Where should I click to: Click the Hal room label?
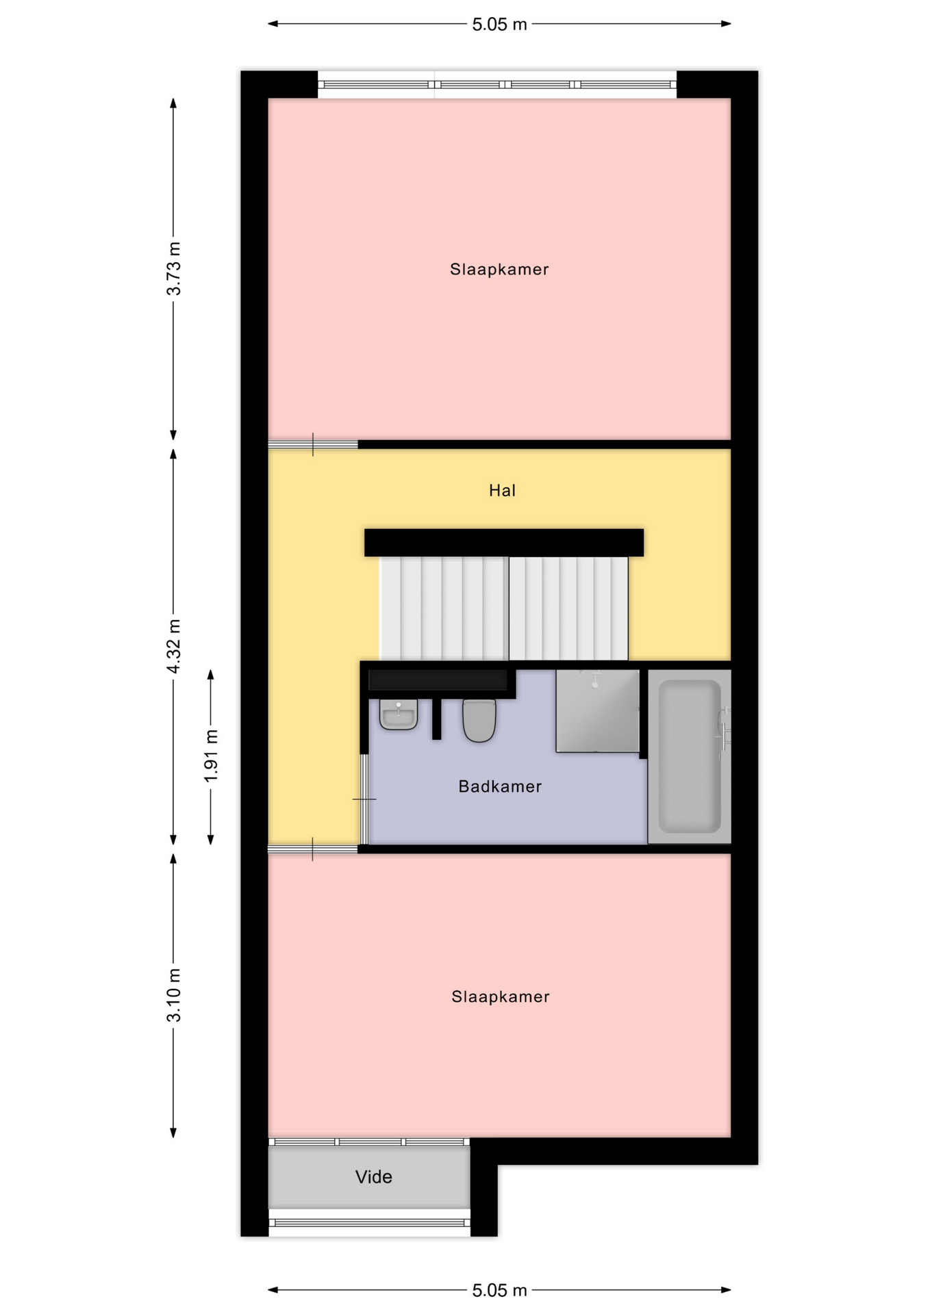click(502, 490)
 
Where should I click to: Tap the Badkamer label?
click(500, 786)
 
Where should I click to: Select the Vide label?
click(373, 1176)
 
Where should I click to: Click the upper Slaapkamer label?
click(499, 269)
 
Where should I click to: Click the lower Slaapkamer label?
click(501, 996)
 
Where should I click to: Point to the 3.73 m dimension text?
click(174, 268)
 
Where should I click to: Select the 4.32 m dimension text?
click(174, 646)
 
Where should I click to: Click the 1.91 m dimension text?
click(211, 756)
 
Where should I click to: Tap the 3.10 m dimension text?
click(174, 995)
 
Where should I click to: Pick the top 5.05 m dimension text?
click(499, 25)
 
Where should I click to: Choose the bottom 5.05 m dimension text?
click(499, 1290)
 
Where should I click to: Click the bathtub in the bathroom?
click(690, 756)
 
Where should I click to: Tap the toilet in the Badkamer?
click(479, 720)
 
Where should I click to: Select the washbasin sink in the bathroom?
click(399, 714)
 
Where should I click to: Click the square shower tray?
click(597, 711)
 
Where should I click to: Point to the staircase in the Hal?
click(504, 608)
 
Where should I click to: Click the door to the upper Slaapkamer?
click(313, 445)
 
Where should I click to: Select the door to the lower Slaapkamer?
click(313, 849)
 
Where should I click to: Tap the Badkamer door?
click(365, 799)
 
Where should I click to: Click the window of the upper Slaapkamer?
click(497, 85)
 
